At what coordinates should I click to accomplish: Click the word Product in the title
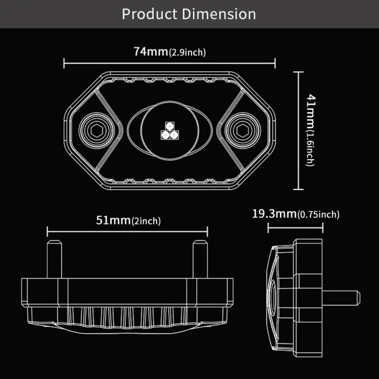point(150,14)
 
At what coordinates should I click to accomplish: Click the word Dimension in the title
point(219,14)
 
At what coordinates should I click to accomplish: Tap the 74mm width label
point(151,52)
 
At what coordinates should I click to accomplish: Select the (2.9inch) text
point(187,53)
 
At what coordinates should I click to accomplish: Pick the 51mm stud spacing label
point(113,220)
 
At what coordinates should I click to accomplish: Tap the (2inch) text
point(146,221)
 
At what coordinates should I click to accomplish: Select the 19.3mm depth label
point(274,214)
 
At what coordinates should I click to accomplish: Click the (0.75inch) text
point(318,215)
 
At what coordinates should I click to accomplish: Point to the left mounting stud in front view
point(55,259)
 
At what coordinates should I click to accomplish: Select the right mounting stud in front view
point(200,259)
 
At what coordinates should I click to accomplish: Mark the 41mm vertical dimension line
point(299,131)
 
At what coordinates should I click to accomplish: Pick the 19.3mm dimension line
point(295,228)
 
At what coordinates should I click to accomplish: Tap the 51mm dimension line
point(127,231)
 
